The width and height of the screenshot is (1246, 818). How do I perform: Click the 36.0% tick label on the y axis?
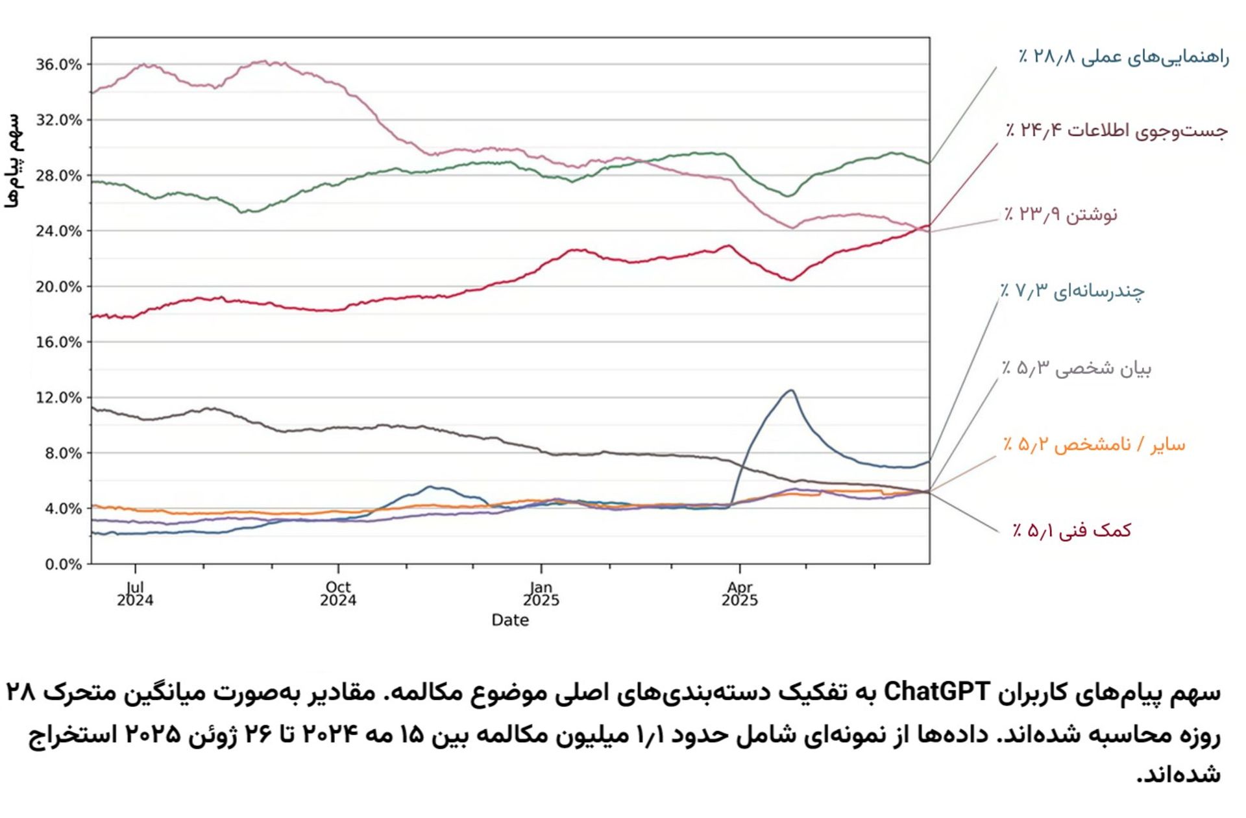[x=58, y=65]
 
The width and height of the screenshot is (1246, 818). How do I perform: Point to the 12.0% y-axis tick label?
[x=58, y=398]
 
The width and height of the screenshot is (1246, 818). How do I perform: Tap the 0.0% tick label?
[x=63, y=564]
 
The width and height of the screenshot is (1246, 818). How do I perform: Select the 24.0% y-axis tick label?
[x=58, y=232]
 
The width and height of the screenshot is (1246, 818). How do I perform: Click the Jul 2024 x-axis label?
[x=135, y=594]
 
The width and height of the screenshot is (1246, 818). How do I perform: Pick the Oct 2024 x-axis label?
[x=337, y=594]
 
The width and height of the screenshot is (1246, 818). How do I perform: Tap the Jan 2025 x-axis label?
[x=541, y=594]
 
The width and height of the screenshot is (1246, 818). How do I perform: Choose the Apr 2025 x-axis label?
[x=739, y=594]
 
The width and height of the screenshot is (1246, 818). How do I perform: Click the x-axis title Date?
[x=510, y=621]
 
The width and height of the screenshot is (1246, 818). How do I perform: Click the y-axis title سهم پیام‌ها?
[x=13, y=161]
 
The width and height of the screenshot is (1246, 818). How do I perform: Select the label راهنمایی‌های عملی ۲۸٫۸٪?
[x=1123, y=57]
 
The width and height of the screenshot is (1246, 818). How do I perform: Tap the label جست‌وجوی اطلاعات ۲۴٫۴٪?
[x=1116, y=130]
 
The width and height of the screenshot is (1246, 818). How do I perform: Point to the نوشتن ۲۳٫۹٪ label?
[x=1060, y=214]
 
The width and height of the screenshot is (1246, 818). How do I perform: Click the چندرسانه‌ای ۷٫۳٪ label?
[x=1072, y=291]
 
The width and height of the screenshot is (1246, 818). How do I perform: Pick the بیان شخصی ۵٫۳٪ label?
[x=1076, y=368]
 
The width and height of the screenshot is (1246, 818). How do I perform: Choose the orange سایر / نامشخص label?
[x=1093, y=445]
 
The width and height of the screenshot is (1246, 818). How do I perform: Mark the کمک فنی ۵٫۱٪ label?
[x=1071, y=531]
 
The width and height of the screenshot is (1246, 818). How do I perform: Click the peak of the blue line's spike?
[x=791, y=390]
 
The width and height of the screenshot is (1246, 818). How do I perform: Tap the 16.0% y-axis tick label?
[x=58, y=343]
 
